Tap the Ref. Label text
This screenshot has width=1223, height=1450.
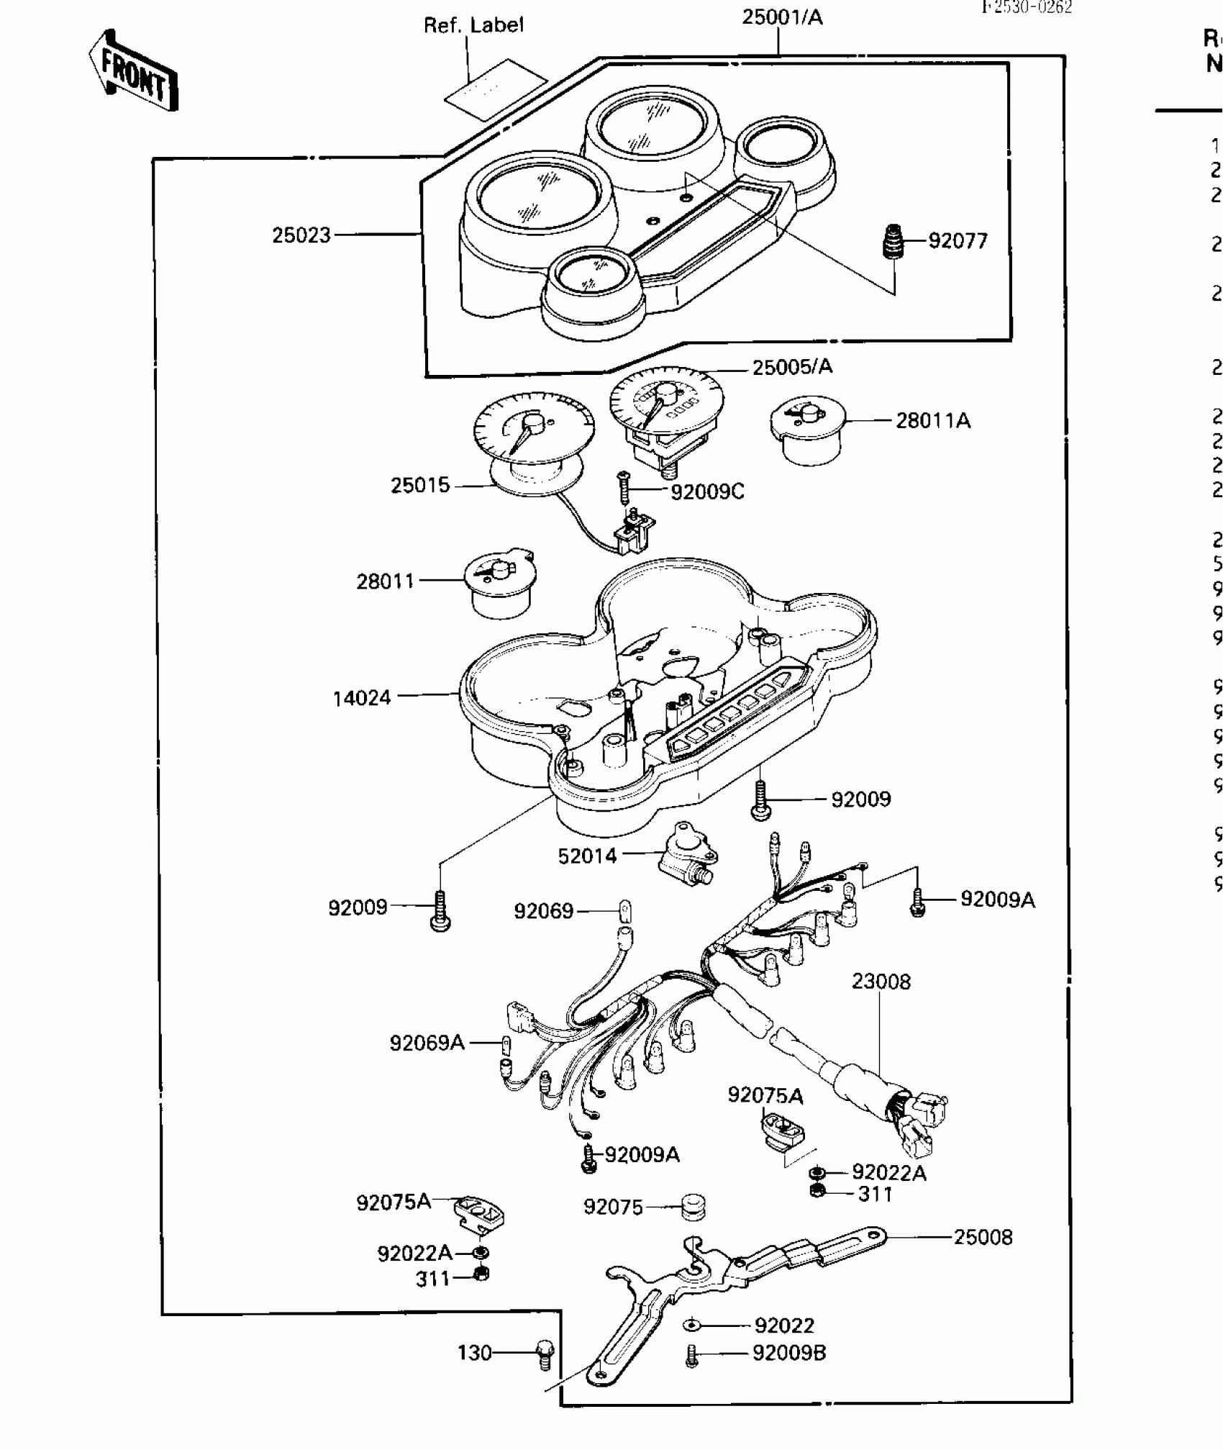click(473, 25)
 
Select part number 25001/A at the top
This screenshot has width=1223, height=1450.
click(782, 17)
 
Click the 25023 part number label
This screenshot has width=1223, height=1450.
click(301, 235)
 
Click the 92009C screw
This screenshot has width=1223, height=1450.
click(624, 487)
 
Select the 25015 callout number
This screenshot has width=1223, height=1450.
click(420, 485)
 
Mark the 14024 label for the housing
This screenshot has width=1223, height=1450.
click(362, 697)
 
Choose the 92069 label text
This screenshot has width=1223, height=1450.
click(544, 911)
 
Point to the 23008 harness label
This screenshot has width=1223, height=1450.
click(881, 981)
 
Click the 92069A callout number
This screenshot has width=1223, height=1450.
click(427, 1043)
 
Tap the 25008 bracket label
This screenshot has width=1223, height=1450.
click(983, 1237)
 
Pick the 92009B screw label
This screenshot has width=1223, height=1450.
click(789, 1353)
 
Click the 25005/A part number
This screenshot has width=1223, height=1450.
click(792, 367)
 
